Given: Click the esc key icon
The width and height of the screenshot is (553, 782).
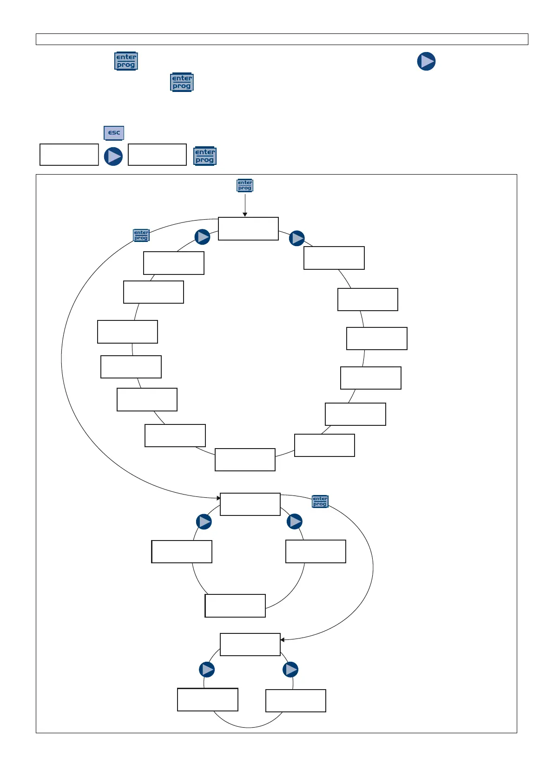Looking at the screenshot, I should coord(114,133).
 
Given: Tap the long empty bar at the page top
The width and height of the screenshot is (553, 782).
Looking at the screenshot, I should coord(282,39).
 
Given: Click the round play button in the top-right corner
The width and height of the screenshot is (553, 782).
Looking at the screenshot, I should coord(426,61).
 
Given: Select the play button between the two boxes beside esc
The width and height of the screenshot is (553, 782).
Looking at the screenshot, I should coord(113,156).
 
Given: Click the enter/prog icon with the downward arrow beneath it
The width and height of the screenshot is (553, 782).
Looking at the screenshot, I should coord(245,185).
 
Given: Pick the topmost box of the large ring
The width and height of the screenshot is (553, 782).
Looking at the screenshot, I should coord(248,228).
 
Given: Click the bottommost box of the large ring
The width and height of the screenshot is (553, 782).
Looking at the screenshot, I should coord(245,460).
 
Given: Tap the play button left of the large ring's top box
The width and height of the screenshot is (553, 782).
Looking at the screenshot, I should coord(202,237).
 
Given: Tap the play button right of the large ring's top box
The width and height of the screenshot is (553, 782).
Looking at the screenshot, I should coord(297,238).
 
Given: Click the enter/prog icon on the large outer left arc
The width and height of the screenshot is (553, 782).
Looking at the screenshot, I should coord(141,235).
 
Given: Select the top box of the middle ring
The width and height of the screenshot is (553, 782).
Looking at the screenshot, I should coord(250,504).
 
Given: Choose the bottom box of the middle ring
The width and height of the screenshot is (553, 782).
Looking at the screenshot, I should coord(235,606).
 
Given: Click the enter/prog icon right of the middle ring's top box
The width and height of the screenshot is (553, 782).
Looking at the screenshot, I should coord(320,502).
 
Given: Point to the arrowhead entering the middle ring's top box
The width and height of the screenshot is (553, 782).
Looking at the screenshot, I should coord(218,498).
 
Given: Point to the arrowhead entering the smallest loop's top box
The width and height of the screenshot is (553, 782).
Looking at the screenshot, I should coord(282,640).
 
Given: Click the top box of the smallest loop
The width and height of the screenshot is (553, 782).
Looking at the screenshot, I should coord(250,645).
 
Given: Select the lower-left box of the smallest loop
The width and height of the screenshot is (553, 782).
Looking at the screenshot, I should coord(208,700).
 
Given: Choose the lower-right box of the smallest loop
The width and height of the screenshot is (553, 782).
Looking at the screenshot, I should coord(296,701).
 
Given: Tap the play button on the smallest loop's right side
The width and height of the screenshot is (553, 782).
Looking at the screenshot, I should coord(290,670).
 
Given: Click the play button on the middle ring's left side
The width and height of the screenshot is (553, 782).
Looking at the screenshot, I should coord(204,522).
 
